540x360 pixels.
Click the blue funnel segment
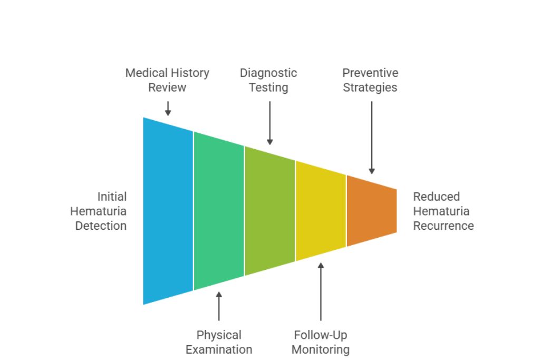click(168, 211)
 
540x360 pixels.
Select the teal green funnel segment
click(219, 211)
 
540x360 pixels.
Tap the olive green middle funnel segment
click(269, 211)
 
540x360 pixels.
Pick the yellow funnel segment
click(321, 211)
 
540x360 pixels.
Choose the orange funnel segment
click(371, 211)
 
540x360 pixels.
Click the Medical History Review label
click(167, 80)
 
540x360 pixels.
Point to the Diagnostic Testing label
click(268, 80)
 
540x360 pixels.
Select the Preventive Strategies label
click(370, 80)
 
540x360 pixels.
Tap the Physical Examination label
click(219, 342)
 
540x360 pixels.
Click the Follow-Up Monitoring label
click(321, 342)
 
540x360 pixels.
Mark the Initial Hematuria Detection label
click(99, 211)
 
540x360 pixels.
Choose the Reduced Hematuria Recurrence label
click(443, 211)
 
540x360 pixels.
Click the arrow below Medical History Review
click(168, 108)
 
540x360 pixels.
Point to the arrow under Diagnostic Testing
click(269, 122)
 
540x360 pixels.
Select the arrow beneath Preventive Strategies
click(371, 137)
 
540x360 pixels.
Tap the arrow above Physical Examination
click(219, 306)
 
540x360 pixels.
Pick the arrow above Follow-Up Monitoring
click(321, 291)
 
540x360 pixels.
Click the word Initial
click(112, 197)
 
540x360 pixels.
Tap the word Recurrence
click(443, 226)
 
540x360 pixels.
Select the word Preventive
click(370, 73)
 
